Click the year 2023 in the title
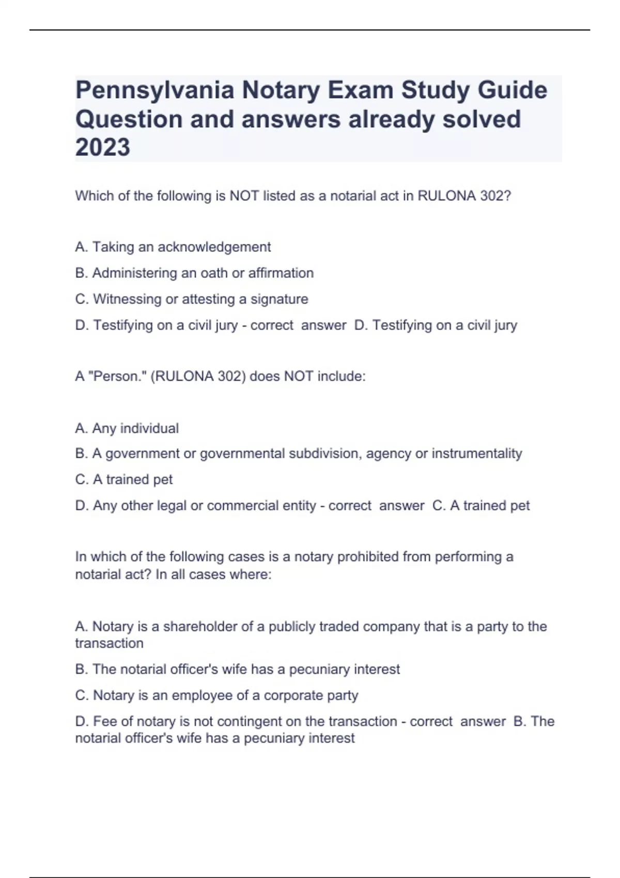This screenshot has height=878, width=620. click(x=102, y=148)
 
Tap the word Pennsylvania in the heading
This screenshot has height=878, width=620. click(x=154, y=91)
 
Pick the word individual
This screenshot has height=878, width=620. click(x=149, y=428)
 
